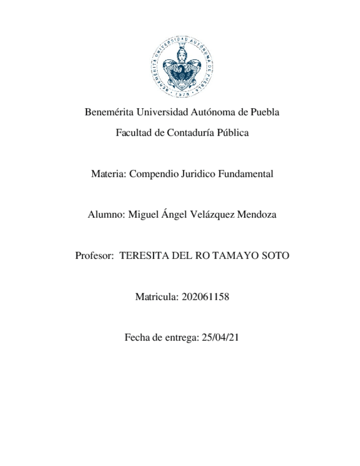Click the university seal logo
click(x=182, y=66)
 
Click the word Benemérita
click(x=109, y=113)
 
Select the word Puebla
click(x=265, y=113)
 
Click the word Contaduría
click(x=191, y=133)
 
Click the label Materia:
click(x=109, y=174)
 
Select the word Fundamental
click(x=246, y=174)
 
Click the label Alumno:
click(x=106, y=215)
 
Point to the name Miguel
click(x=143, y=215)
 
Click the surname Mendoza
click(x=256, y=215)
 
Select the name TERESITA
click(x=142, y=256)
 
